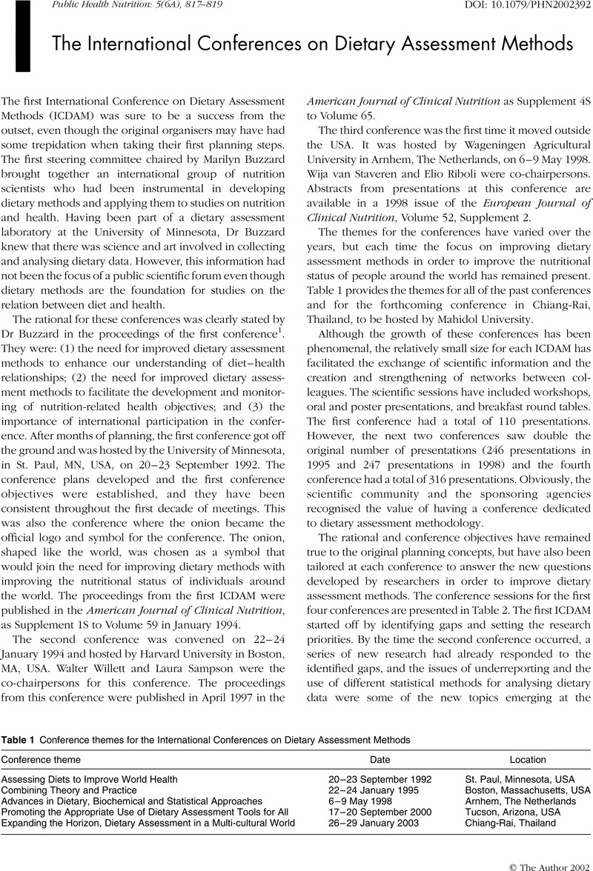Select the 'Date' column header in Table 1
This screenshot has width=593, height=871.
point(381,759)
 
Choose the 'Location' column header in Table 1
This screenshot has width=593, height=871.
point(528,759)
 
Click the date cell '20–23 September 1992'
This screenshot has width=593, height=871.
point(374,780)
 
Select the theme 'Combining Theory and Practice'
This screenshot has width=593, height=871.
point(63,790)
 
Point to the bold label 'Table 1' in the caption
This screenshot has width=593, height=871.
point(16,740)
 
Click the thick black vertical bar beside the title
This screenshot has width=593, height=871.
point(21,37)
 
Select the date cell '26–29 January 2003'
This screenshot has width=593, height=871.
point(371,823)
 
